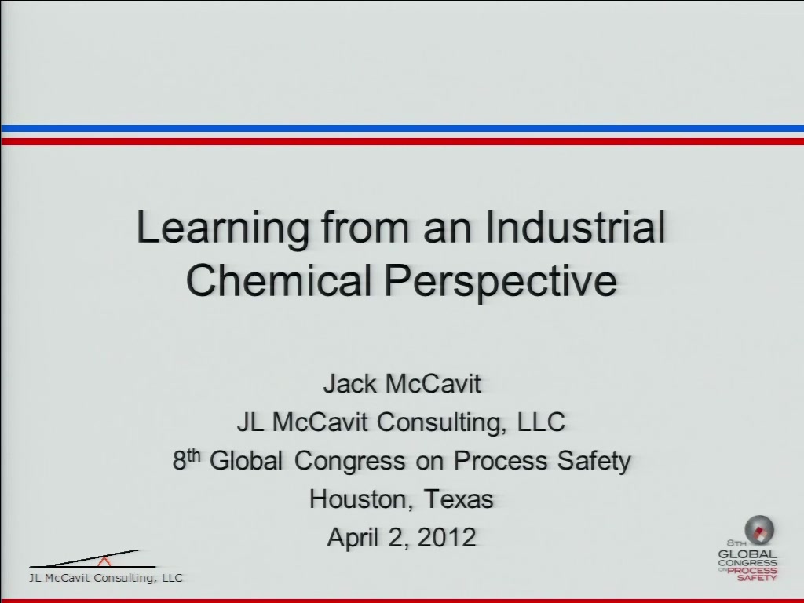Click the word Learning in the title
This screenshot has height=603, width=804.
(x=222, y=228)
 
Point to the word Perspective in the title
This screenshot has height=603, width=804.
(x=501, y=283)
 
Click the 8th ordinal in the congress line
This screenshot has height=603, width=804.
(x=186, y=459)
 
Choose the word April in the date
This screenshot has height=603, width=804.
(x=354, y=538)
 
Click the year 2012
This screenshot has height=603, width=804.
(x=447, y=537)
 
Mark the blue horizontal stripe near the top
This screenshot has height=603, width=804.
(x=402, y=128)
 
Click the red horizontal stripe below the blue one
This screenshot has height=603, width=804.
(x=402, y=141)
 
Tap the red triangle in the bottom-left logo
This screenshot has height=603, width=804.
(x=104, y=561)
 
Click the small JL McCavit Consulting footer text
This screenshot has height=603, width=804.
(x=106, y=578)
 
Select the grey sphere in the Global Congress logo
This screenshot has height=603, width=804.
(x=759, y=530)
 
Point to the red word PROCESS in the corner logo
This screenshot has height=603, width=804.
(x=752, y=570)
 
